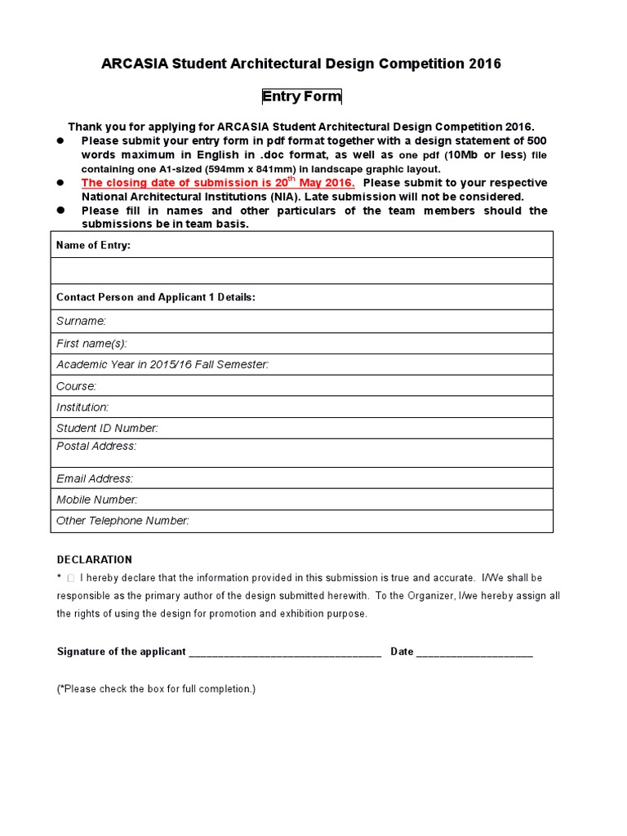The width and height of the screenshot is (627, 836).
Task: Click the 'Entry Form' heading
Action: tap(301, 97)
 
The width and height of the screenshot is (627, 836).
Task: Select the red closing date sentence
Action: tap(218, 183)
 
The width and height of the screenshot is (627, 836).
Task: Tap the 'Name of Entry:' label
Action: tap(93, 245)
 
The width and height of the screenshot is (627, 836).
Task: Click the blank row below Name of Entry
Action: tap(301, 270)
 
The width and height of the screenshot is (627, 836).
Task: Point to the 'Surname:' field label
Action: tap(81, 322)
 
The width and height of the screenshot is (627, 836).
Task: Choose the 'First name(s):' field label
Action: tap(91, 344)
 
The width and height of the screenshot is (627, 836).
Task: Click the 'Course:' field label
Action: tap(76, 386)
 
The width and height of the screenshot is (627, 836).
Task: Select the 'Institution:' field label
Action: tap(82, 407)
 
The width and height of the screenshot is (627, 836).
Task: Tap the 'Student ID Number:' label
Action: tap(107, 428)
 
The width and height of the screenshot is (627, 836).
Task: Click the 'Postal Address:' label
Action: tap(96, 447)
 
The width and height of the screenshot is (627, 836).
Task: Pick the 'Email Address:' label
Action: tap(95, 479)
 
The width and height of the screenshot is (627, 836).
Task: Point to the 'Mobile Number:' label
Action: tap(96, 500)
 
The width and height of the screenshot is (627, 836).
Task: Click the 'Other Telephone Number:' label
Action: tap(122, 521)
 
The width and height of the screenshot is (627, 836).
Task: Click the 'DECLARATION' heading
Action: tap(94, 560)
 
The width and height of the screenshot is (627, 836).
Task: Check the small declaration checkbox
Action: tap(70, 578)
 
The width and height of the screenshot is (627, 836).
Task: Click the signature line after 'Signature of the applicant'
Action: tap(285, 652)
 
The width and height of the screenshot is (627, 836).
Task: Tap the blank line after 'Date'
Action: tap(474, 652)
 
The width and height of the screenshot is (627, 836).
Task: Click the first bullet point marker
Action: tap(60, 140)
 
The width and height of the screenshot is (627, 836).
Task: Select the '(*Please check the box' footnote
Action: tap(156, 689)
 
